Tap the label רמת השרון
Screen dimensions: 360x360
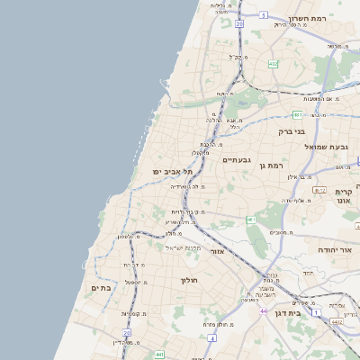(311, 18)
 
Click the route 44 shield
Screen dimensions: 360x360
(264, 310)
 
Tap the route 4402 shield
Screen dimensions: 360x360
(336, 321)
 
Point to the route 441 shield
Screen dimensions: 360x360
(159, 355)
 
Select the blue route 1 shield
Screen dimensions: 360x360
(316, 312)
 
